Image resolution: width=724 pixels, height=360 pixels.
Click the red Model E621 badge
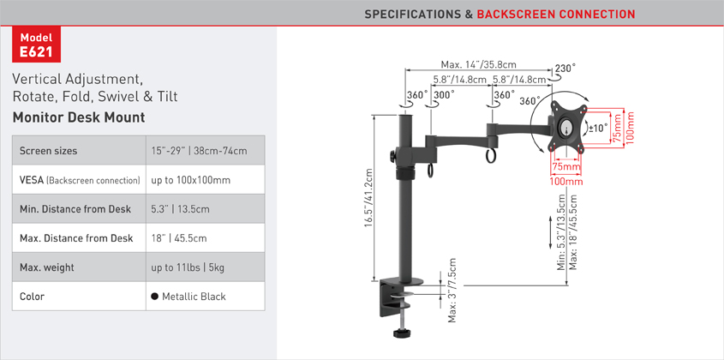[x=37, y=45]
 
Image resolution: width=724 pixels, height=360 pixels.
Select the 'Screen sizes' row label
[x=49, y=151]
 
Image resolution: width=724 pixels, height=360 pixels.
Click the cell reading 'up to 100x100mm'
[x=191, y=180]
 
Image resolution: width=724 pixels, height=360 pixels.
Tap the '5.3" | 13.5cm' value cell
[x=181, y=209]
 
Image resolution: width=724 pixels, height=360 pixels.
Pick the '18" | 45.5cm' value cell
[x=179, y=238]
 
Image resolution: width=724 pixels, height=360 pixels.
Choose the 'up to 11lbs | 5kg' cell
[x=188, y=267]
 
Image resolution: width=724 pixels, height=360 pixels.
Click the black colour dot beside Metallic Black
[x=155, y=297]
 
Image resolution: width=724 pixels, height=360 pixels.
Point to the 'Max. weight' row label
[x=46, y=267]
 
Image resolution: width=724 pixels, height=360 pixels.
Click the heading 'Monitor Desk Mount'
[x=79, y=117]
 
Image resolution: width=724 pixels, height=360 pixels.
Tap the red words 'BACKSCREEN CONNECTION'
[x=556, y=14]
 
